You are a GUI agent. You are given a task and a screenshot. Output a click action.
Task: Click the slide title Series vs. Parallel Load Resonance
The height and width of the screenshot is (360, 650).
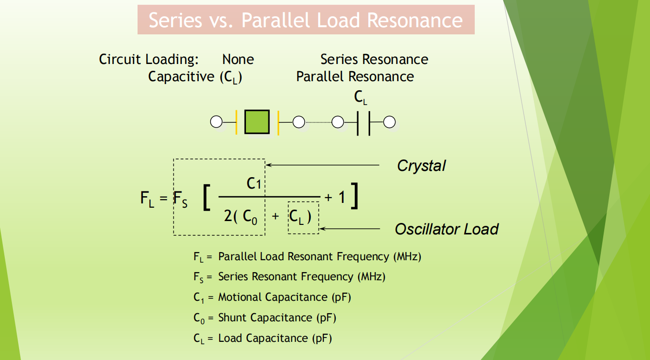pos(306,20)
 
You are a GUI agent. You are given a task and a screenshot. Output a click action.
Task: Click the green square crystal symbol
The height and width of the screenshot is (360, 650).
pos(257,122)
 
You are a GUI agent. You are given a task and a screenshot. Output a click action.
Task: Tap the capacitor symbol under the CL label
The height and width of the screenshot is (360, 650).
pos(363,123)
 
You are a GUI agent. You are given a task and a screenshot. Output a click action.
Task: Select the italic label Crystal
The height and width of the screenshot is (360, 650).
pos(421,166)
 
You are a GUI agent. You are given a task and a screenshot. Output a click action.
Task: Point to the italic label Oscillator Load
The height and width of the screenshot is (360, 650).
pos(446,229)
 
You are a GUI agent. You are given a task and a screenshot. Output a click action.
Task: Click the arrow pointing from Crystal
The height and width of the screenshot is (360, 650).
pos(322,165)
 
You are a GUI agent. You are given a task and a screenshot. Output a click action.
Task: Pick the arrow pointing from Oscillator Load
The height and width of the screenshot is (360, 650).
pos(350,229)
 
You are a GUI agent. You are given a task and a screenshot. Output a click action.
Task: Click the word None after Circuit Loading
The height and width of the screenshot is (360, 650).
pos(238,60)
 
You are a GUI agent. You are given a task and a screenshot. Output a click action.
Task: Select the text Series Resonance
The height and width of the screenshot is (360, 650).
pos(374,60)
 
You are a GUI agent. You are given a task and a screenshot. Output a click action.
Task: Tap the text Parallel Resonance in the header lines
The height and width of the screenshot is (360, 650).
pos(355,77)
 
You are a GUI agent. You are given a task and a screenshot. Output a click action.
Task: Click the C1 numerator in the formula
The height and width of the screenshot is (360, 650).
pos(254,183)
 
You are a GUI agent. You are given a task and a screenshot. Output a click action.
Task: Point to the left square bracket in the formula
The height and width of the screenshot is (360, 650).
pos(206,198)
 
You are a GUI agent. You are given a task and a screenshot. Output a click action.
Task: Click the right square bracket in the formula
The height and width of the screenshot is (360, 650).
pos(354,196)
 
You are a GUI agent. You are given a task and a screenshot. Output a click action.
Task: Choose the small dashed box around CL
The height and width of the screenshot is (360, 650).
pos(303,218)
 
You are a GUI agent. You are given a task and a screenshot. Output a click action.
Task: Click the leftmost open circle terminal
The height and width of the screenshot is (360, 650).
pos(216,123)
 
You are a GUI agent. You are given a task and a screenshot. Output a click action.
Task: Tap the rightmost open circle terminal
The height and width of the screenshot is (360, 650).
pos(390,123)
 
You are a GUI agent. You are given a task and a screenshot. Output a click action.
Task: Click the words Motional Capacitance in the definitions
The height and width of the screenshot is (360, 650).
pos(272,297)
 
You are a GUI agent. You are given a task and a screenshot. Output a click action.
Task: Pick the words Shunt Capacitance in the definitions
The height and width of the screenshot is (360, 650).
pos(265,318)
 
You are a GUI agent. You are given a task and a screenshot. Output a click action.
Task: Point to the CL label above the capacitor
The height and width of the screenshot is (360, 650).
pos(361,98)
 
